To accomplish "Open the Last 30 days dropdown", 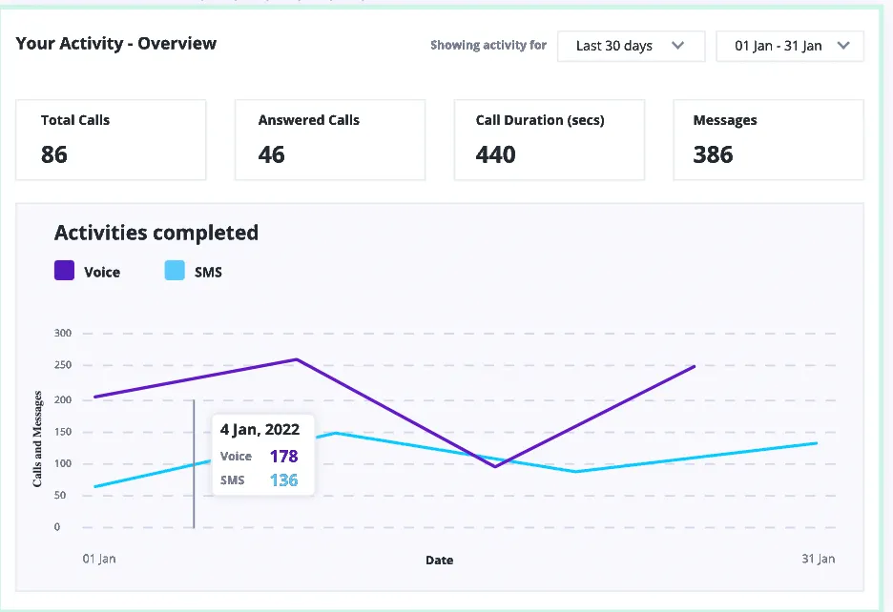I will [x=631, y=46].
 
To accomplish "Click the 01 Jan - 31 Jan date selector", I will [x=790, y=46].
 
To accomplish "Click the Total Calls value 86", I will [x=54, y=154].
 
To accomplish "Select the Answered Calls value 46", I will [x=272, y=154].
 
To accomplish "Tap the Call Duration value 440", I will [x=496, y=154].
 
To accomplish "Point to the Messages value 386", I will [x=714, y=154].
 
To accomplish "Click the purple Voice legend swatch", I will [x=65, y=272].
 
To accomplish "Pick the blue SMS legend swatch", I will [x=175, y=272].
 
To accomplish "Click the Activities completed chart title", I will [x=156, y=233].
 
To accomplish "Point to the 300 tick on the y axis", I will [x=63, y=334].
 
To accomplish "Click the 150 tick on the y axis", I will [x=63, y=431].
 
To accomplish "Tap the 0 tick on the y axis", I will [x=57, y=527].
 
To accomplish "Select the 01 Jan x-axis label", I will [x=98, y=560].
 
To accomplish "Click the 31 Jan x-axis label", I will [x=818, y=559].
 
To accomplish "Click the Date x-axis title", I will [x=439, y=561].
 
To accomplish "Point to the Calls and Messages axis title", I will [x=38, y=439].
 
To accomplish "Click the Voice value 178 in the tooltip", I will [x=283, y=457].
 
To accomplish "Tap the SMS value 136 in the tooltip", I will [x=283, y=480].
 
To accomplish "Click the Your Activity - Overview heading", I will [x=116, y=44].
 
